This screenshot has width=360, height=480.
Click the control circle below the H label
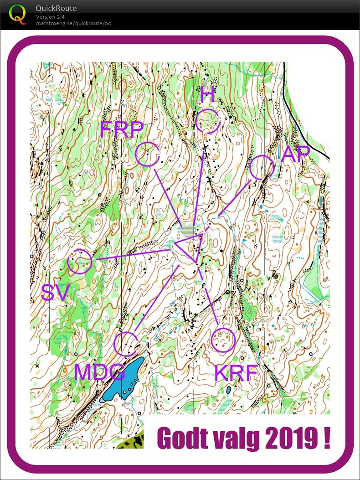[208, 121]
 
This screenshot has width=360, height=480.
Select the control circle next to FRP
[148, 154]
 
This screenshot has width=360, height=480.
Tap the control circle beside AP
[262, 167]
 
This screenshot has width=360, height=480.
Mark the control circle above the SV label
[80, 262]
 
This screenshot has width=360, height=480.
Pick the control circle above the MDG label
[126, 344]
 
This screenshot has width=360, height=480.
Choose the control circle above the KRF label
[223, 340]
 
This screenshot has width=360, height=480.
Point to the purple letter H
[207, 95]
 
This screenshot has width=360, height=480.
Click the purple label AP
[295, 155]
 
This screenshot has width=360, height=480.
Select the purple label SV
[55, 293]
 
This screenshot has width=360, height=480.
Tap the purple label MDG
[99, 372]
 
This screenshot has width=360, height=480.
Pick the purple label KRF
[236, 373]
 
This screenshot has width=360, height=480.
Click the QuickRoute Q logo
[18, 14]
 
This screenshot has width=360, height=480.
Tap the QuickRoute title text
[56, 8]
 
